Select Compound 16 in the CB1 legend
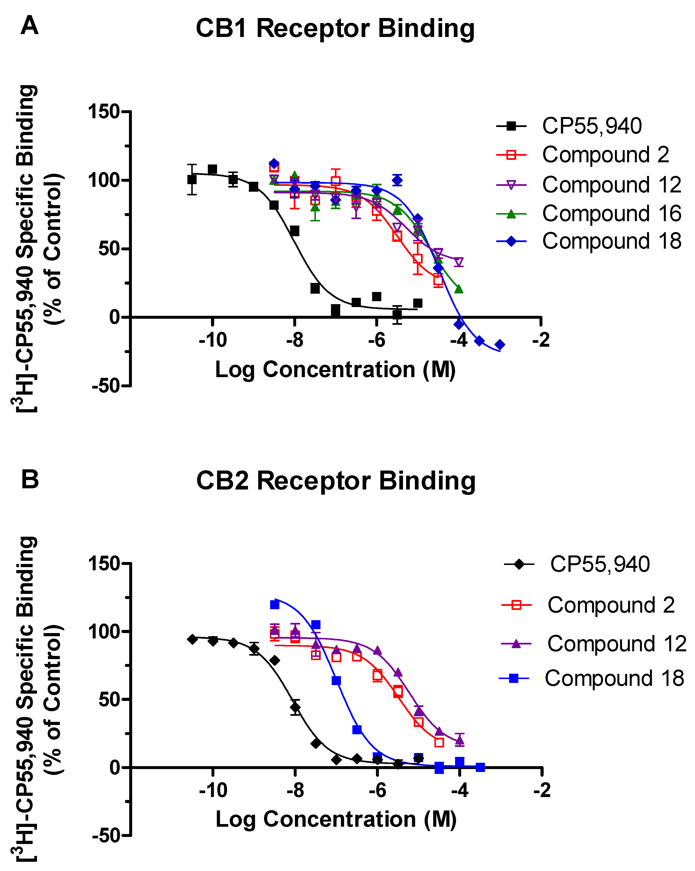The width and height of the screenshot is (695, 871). [611, 213]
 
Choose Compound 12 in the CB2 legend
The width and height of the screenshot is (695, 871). [617, 644]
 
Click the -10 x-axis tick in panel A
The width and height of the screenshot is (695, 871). [212, 340]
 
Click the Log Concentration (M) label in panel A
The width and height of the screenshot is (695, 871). [335, 369]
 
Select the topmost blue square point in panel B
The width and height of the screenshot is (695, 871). [275, 605]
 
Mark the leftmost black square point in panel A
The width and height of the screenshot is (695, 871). [192, 179]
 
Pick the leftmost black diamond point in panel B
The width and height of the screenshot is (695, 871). [192, 639]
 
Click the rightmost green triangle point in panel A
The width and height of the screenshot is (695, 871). [459, 289]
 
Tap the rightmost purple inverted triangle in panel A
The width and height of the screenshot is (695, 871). [459, 262]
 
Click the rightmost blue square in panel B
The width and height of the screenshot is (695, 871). [480, 767]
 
